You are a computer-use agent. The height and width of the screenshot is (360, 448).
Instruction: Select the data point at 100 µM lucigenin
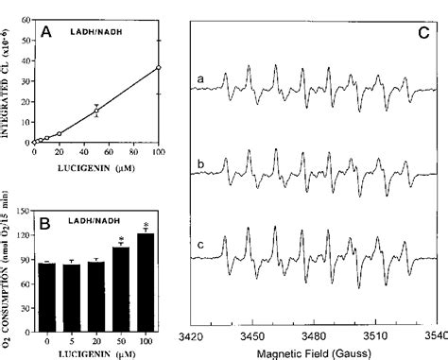158,68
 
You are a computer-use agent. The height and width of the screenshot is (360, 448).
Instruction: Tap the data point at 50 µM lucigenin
95,111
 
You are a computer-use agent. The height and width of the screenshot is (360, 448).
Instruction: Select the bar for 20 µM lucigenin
95,296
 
